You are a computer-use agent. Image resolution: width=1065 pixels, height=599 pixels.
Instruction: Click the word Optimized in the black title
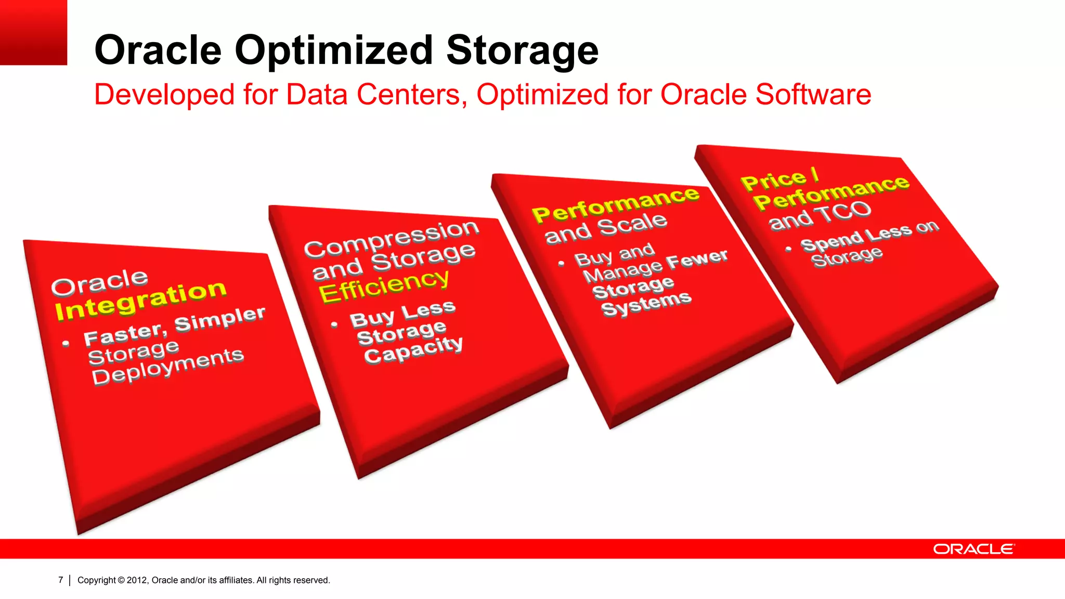coord(334,50)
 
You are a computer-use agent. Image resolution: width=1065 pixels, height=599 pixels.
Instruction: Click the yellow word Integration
coord(140,301)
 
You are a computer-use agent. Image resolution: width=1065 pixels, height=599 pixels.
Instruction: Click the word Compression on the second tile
coord(391,238)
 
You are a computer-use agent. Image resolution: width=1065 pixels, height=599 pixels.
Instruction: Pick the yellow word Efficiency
coord(384,286)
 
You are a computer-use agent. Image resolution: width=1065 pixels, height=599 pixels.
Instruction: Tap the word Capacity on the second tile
coord(413,350)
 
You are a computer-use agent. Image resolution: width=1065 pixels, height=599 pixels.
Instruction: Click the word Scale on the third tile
coord(632,224)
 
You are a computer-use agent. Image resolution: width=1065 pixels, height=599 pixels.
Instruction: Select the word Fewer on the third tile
coord(697,259)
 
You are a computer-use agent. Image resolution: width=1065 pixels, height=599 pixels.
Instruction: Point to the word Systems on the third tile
coord(646,303)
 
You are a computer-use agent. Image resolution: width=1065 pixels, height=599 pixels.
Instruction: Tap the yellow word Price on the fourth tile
coord(773,180)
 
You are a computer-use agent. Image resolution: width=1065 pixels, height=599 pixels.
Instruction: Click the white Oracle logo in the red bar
coord(973,549)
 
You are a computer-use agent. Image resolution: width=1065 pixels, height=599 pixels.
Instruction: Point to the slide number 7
coord(61,580)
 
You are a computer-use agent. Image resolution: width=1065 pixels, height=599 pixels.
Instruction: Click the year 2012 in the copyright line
coord(137,580)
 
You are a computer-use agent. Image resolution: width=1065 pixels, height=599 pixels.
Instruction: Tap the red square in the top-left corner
coord(33,32)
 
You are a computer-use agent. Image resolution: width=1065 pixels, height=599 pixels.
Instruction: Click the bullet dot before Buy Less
coord(334,325)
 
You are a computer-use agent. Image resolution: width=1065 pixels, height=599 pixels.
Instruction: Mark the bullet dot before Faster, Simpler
coord(66,344)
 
